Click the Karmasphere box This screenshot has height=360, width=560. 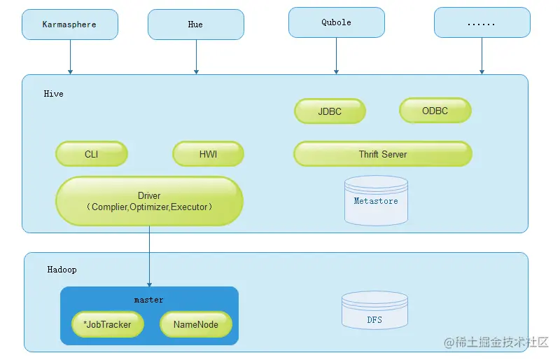(70, 25)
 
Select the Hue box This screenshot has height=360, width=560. (196, 25)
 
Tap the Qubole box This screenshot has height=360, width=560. (337, 22)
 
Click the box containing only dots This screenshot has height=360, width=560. (482, 22)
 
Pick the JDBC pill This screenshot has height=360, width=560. (330, 111)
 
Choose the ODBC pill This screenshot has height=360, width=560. (435, 111)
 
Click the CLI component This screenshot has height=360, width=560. (92, 153)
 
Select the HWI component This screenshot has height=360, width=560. (208, 153)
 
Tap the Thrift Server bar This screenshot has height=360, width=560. (383, 153)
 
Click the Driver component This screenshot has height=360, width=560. (149, 201)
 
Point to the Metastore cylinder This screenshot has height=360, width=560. (376, 200)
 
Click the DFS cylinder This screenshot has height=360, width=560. (374, 310)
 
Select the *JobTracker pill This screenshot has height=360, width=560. (108, 324)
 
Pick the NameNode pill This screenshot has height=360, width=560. (196, 324)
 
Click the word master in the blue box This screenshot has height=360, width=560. (149, 300)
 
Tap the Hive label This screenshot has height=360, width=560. (54, 94)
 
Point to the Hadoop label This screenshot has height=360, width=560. (62, 270)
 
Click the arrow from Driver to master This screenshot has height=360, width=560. (149, 256)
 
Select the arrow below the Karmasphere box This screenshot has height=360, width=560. (71, 57)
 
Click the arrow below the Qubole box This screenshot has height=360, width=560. (337, 56)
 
